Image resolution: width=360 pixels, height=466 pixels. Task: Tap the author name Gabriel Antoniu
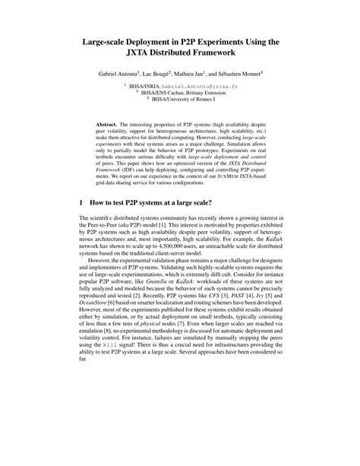click(120, 74)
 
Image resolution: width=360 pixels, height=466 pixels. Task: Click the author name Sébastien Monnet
click(259, 74)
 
